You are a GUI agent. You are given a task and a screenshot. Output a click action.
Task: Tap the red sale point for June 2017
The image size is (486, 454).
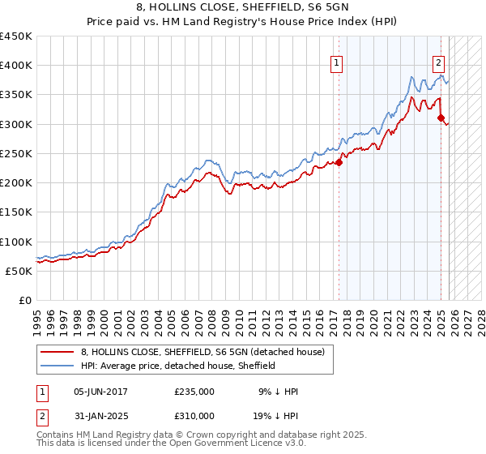click(339, 162)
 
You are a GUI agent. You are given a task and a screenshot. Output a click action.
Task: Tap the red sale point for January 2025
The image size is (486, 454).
click(441, 118)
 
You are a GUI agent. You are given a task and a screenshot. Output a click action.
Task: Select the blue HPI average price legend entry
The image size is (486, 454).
click(178, 366)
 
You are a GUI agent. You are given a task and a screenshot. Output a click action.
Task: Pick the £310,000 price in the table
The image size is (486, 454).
click(194, 416)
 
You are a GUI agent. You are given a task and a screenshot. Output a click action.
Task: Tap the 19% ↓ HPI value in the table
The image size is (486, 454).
click(275, 416)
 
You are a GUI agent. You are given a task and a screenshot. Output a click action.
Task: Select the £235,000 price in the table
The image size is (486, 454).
click(194, 392)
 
